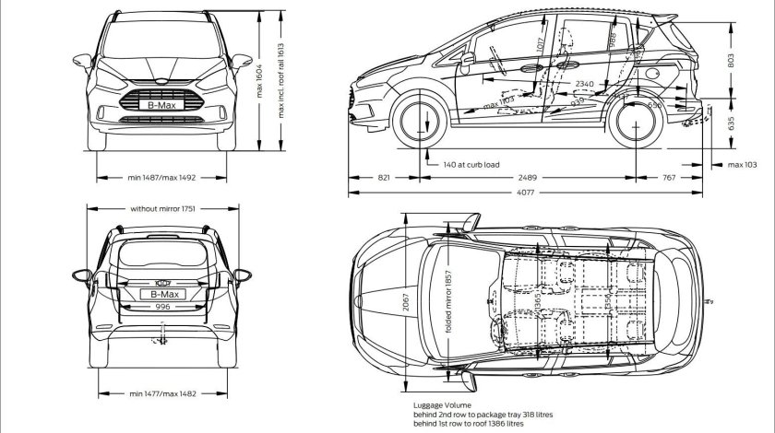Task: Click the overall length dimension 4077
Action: (524, 193)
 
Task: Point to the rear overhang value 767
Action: (668, 176)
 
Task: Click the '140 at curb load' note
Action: (471, 165)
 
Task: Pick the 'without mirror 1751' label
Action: (162, 208)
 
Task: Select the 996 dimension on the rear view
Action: (162, 307)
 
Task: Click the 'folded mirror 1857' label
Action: (449, 304)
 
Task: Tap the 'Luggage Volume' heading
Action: (443, 404)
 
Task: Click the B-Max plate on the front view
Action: (162, 106)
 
